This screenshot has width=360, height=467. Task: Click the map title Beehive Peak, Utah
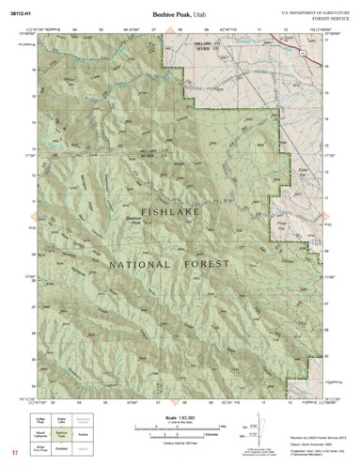pyautogui.click(x=180, y=14)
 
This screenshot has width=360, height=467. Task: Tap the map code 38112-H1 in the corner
pyautogui.click(x=21, y=13)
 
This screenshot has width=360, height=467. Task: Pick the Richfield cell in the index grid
pyautogui.click(x=60, y=449)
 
